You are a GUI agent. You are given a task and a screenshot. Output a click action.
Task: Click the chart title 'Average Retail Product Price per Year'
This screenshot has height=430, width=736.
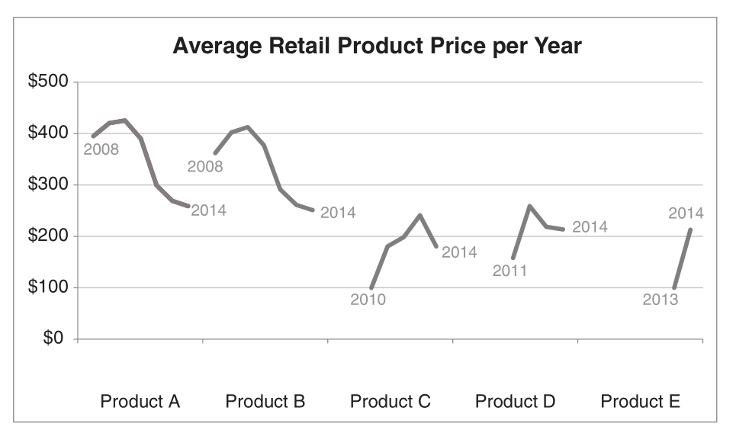coord(377,47)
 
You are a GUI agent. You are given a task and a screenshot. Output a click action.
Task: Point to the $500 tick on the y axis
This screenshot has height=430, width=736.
coord(49,82)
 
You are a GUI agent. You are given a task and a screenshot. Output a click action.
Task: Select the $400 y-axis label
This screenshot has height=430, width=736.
coord(49,133)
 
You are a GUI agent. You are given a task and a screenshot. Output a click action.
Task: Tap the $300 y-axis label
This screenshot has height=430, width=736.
coord(49,185)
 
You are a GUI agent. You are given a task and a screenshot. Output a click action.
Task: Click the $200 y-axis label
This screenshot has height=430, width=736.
coord(49,236)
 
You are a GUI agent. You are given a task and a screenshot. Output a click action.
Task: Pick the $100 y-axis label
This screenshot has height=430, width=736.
coord(49,287)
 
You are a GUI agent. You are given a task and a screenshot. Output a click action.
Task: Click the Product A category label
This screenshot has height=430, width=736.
coord(140,401)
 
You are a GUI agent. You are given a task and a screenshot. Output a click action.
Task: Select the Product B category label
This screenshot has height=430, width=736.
coord(265,401)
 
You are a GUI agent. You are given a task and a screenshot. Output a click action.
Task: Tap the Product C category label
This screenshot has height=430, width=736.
coord(390,401)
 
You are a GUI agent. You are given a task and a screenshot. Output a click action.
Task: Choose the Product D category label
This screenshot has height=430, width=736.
coord(515,401)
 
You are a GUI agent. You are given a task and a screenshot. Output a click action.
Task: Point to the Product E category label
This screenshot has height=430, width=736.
coord(640,401)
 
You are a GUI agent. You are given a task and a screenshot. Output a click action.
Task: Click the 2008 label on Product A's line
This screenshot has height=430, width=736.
coord(101,149)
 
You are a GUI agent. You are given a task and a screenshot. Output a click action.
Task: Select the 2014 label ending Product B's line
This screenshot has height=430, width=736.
coord(338,213)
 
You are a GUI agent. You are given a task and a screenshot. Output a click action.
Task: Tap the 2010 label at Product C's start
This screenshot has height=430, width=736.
coord(368,300)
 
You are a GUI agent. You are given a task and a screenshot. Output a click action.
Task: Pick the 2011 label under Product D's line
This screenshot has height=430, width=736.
coord(510,271)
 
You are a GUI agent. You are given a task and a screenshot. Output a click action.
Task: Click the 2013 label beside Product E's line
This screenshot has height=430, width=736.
coord(660,300)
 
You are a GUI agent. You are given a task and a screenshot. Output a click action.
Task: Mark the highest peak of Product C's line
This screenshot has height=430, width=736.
coord(420,215)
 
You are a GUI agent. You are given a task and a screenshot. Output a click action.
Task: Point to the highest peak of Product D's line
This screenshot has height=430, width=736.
coord(529,206)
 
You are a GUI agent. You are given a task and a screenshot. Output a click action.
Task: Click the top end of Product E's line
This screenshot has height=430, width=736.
coord(690,229)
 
